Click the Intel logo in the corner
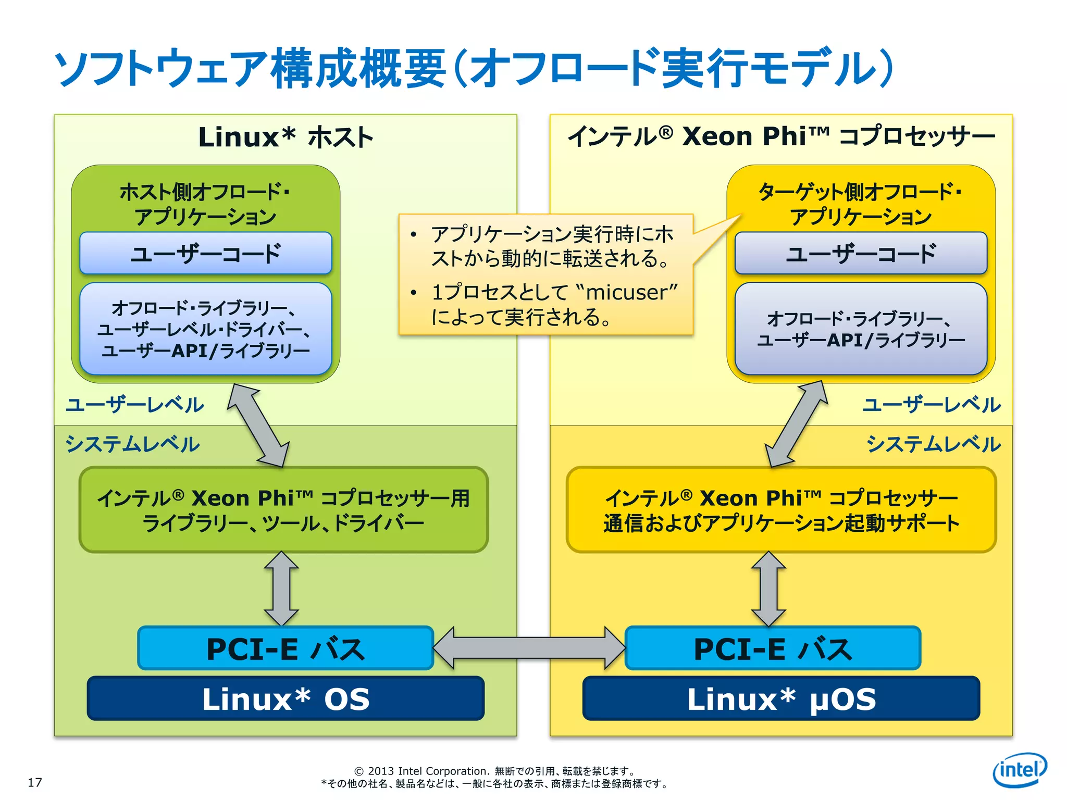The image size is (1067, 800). [1020, 770]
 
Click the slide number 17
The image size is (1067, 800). [35, 782]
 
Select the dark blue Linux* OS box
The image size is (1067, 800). [286, 698]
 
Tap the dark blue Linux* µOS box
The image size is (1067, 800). [781, 698]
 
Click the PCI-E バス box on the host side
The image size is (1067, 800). [286, 648]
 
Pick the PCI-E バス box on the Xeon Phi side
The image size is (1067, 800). [773, 648]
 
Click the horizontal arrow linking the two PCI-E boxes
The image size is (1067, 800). [529, 648]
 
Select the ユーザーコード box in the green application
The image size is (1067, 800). [205, 254]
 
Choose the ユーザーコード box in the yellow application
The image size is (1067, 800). [861, 254]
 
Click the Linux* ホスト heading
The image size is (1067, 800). [286, 137]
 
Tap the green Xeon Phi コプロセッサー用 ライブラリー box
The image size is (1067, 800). [283, 510]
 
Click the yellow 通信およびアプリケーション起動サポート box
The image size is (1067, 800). [781, 510]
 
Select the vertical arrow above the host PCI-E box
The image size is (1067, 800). [281, 589]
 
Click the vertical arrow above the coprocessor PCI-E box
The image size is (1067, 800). [768, 589]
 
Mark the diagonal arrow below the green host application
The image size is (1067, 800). [258, 425]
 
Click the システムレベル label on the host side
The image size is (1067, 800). [132, 444]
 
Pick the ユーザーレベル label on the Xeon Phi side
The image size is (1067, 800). [932, 405]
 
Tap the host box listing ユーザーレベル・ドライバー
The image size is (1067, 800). [205, 329]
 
